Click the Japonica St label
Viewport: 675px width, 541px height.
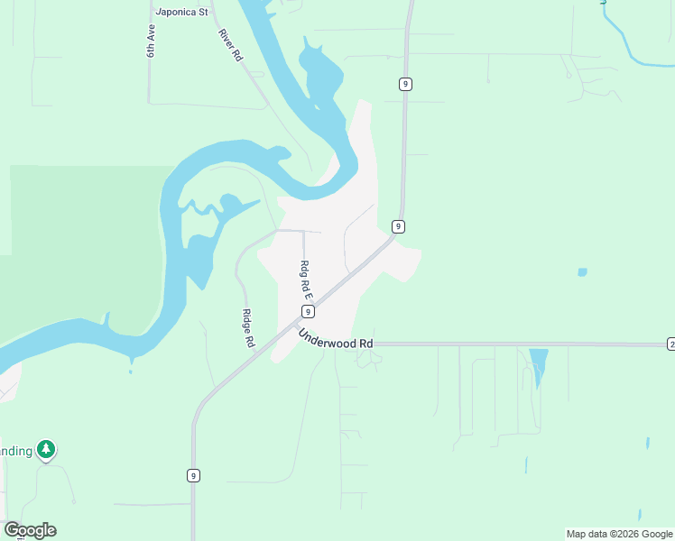pyautogui.click(x=181, y=13)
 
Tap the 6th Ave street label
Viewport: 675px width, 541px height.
pyautogui.click(x=152, y=41)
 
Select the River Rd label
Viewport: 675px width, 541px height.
pyautogui.click(x=231, y=45)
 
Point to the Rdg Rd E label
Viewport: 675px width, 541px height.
pyautogui.click(x=306, y=280)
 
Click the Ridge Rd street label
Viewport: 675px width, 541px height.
pyautogui.click(x=248, y=329)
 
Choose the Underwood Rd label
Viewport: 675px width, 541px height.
pyautogui.click(x=336, y=339)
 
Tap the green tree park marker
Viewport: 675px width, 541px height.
pyautogui.click(x=46, y=450)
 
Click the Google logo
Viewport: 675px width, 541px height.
pyautogui.click(x=30, y=530)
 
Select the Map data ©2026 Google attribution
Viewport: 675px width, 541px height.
pyautogui.click(x=619, y=534)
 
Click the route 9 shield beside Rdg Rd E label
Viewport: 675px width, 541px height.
pyautogui.click(x=308, y=312)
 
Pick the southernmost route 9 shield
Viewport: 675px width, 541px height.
pyautogui.click(x=193, y=475)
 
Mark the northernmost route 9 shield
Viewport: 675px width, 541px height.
pyautogui.click(x=406, y=84)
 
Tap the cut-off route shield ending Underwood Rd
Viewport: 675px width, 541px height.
pyautogui.click(x=670, y=344)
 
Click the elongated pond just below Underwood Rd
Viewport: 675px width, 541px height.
pyautogui.click(x=539, y=366)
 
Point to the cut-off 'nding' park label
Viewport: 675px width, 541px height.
pyautogui.click(x=16, y=450)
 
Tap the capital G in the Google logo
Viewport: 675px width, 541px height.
pyautogui.click(x=13, y=530)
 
